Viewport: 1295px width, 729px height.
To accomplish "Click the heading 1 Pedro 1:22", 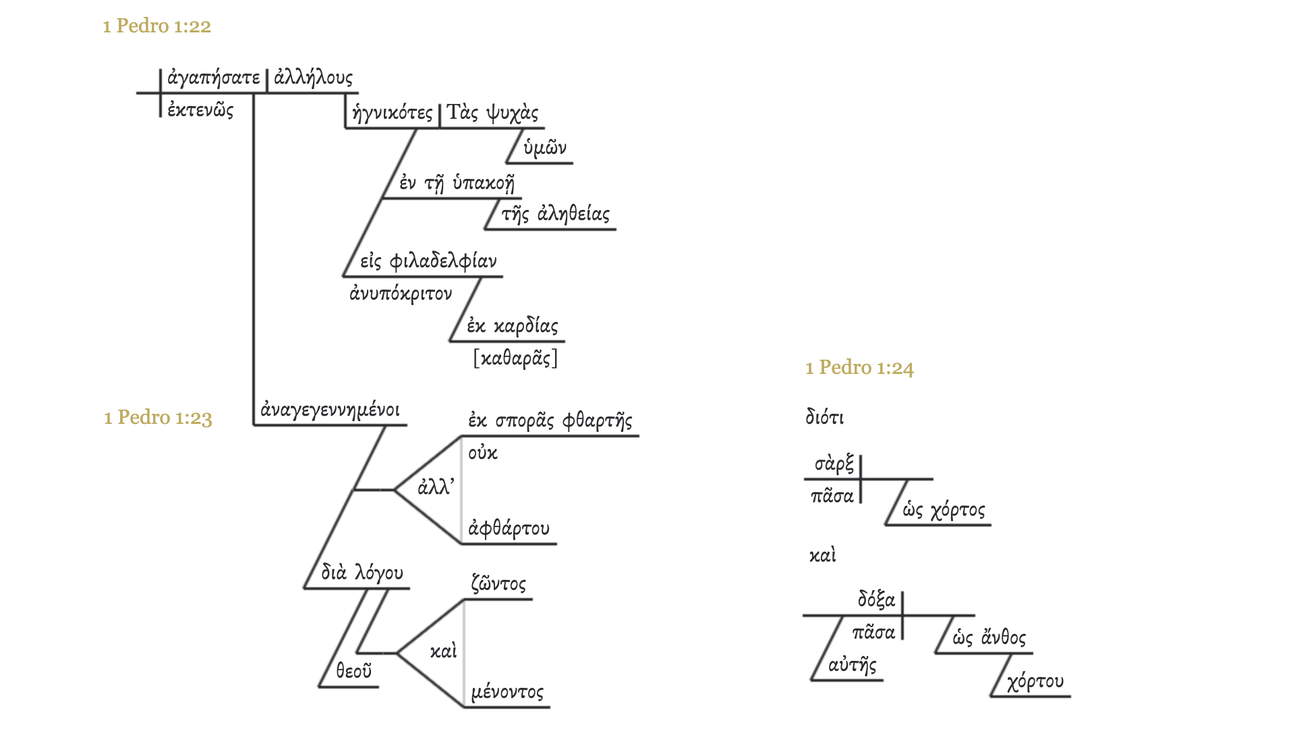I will [x=156, y=26].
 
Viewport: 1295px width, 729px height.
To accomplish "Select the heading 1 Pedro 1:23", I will [x=158, y=417].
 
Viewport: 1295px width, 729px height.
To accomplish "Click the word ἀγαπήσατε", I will [x=213, y=78].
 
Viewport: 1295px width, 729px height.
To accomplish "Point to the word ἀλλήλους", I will [x=313, y=78].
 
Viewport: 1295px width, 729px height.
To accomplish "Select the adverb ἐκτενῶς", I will [x=200, y=110].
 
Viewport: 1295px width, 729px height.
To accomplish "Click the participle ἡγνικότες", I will [x=392, y=113].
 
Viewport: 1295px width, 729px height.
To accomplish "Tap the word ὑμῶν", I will [x=545, y=148].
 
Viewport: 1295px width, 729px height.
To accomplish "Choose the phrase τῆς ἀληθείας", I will [x=555, y=215].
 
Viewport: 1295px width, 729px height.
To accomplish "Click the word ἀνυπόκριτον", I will [x=401, y=294].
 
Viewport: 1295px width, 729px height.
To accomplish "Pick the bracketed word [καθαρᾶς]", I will [x=515, y=358].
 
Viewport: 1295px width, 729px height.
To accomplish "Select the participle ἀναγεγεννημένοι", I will [x=330, y=410].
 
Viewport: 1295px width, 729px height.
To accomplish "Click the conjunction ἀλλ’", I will [x=436, y=487].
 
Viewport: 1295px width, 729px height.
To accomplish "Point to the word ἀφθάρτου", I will [x=509, y=528].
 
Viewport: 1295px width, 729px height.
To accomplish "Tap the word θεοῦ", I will [x=353, y=671].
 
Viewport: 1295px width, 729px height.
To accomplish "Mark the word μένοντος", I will [x=507, y=692].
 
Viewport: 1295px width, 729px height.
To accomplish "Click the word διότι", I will [x=824, y=417].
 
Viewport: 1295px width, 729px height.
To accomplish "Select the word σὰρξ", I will [x=834, y=464].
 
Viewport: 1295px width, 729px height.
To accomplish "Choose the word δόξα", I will [x=876, y=599].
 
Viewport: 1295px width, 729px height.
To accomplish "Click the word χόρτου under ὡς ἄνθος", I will [x=1035, y=682].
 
